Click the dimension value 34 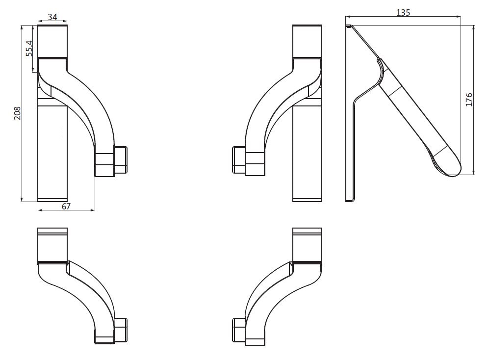[x=52, y=17]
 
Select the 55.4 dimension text [x=29, y=48]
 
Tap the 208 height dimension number [x=17, y=113]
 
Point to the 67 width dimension [x=66, y=206]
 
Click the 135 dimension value [x=403, y=12]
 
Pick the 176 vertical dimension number [x=469, y=100]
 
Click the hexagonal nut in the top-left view [x=121, y=160]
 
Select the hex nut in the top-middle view [x=239, y=160]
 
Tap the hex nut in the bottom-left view [x=121, y=330]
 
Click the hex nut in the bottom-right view [x=239, y=330]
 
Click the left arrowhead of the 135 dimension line [x=348, y=17]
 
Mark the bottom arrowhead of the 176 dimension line [x=474, y=172]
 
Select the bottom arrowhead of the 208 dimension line [x=22, y=199]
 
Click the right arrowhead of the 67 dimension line [x=92, y=210]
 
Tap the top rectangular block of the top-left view [x=52, y=42]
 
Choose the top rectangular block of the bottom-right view [x=307, y=245]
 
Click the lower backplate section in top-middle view [x=307, y=154]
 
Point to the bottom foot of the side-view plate [x=350, y=199]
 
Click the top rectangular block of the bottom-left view [x=52, y=245]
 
